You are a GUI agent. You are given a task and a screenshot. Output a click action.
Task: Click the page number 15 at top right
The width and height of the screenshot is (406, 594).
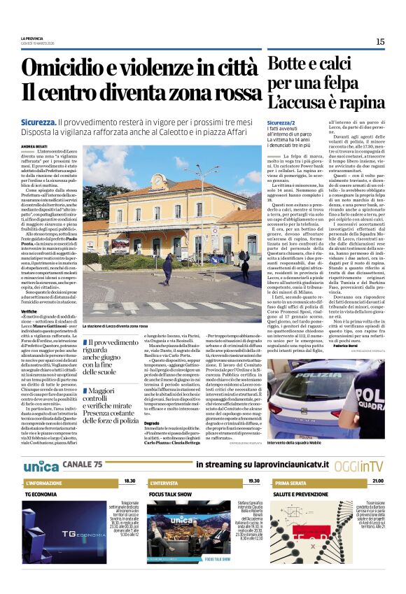pyautogui.click(x=380, y=41)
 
